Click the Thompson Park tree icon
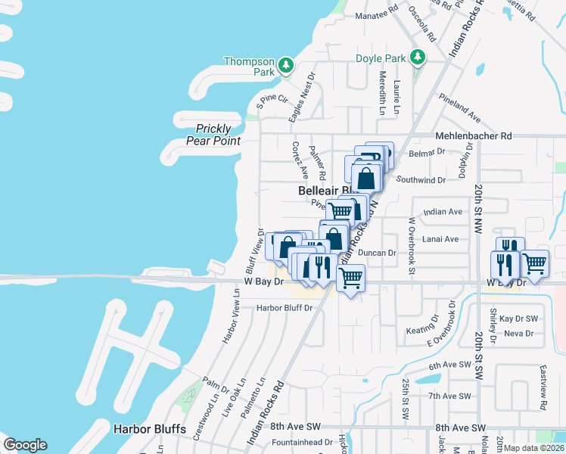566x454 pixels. coord(286,66)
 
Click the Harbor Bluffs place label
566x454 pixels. coord(150,429)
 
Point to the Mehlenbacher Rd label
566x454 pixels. coord(474,136)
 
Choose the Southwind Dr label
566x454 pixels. coord(421,180)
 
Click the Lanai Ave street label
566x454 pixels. coord(441,239)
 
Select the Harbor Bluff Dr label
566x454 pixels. coord(284,308)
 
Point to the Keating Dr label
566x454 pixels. coord(422,329)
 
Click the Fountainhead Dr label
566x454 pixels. coord(303,442)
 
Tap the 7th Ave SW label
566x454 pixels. coord(450,396)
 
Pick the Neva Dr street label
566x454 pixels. coord(518,333)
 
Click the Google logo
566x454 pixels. coord(25,445)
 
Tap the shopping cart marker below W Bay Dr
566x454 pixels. coord(350,278)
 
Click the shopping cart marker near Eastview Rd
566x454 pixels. coord(534,263)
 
